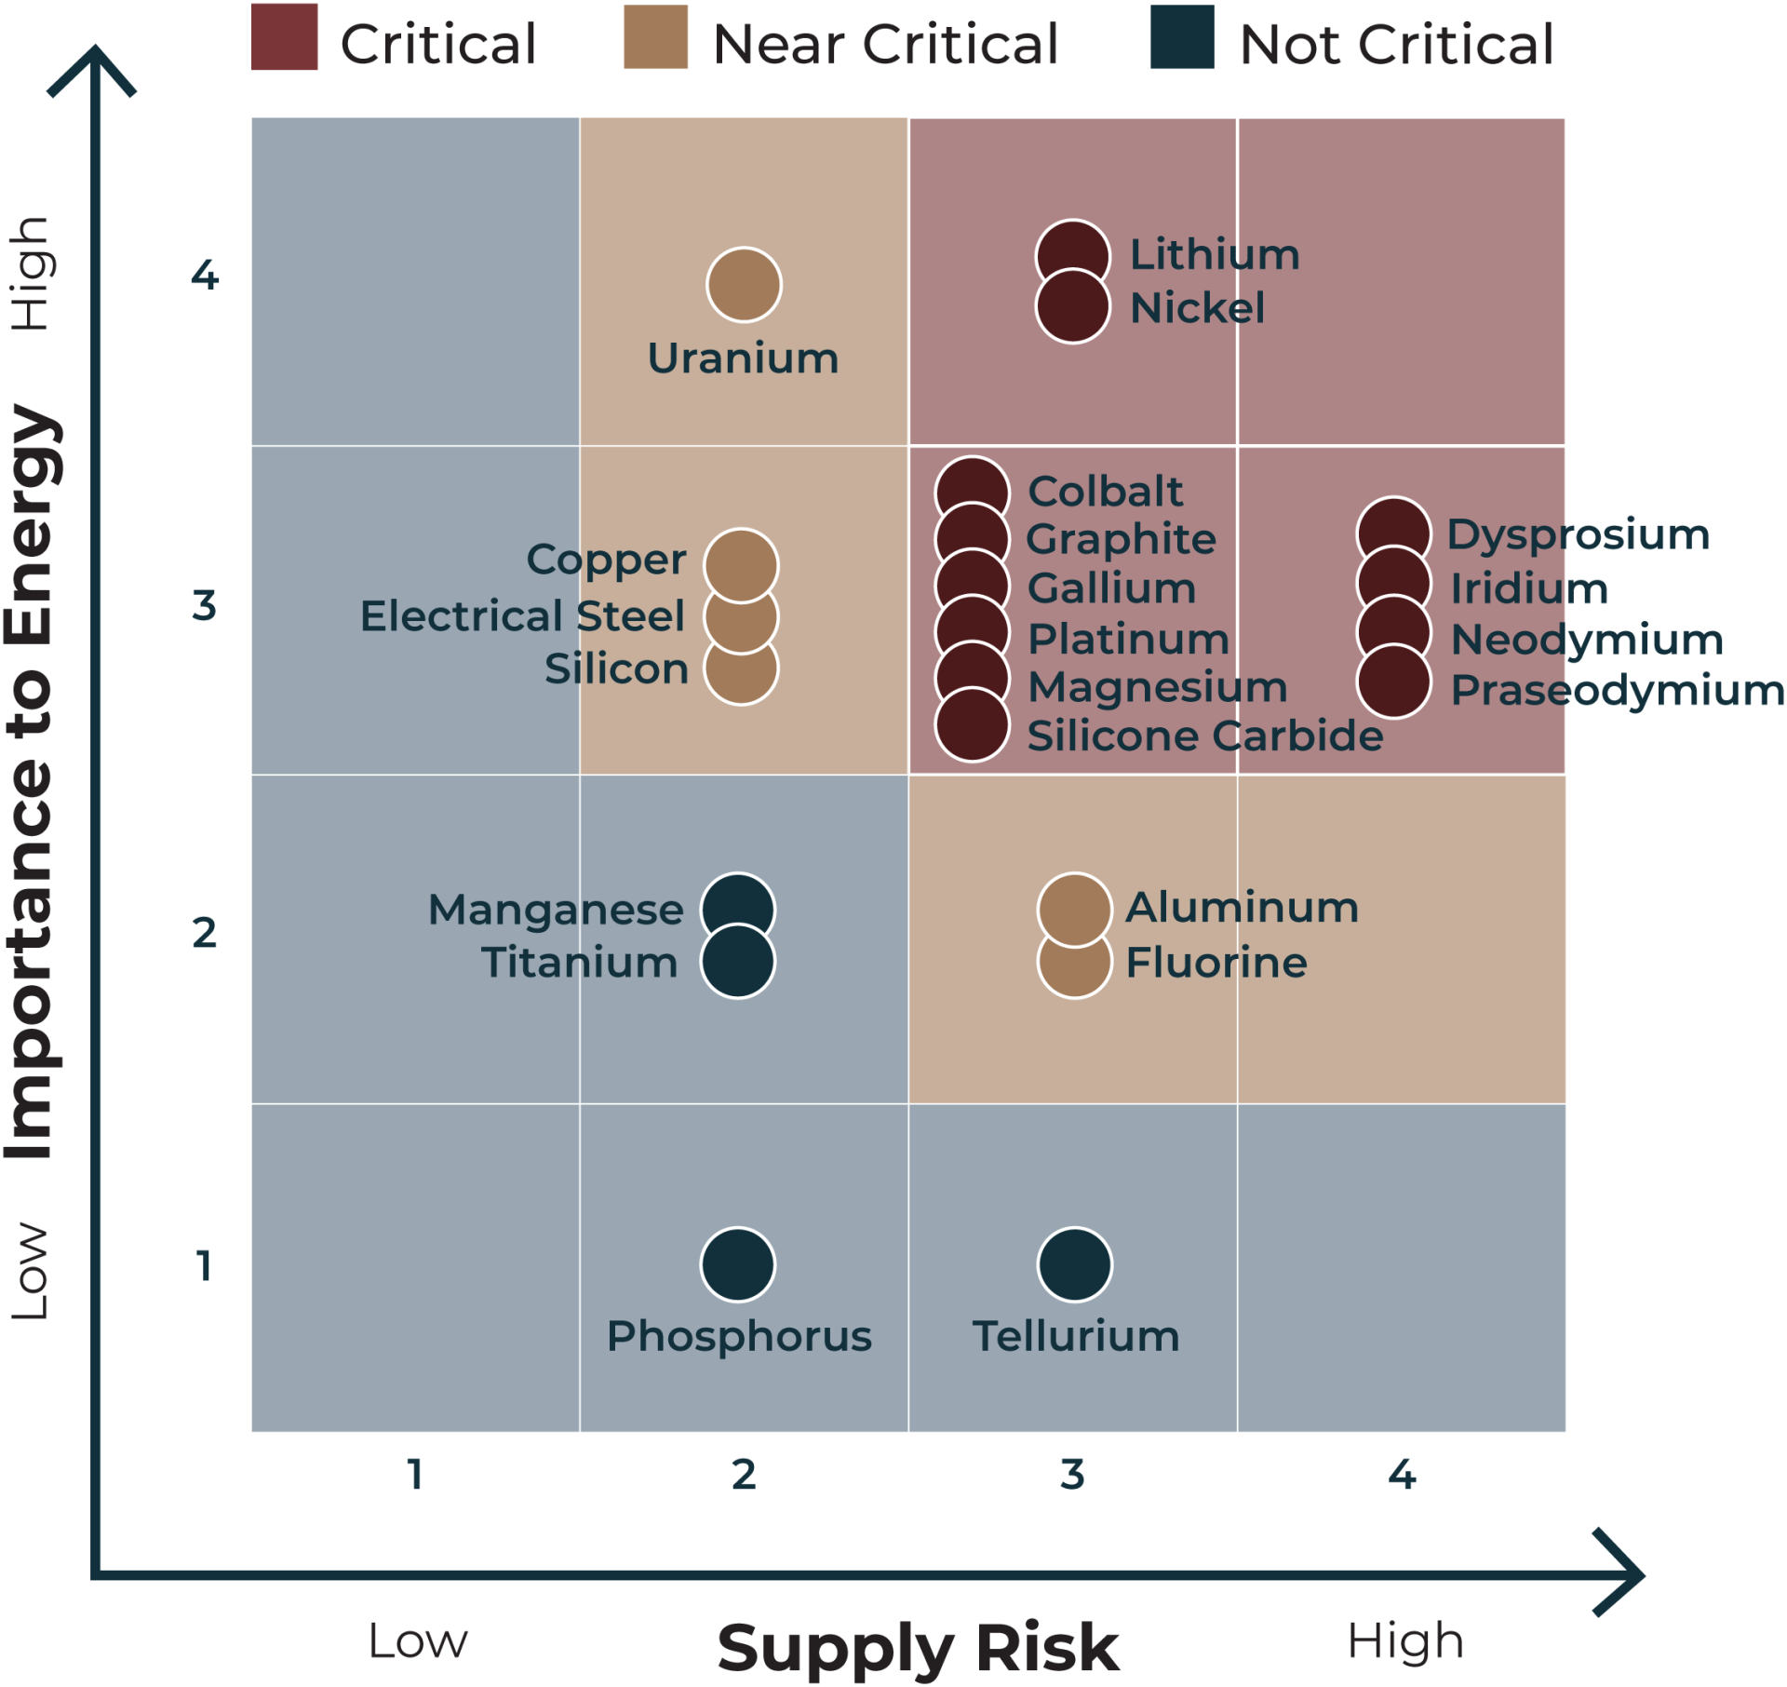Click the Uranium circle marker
click(744, 285)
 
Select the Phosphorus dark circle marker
click(738, 1264)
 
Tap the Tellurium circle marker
click(1075, 1264)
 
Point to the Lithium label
click(1215, 255)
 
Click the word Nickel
click(1197, 308)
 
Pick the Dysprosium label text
click(1579, 535)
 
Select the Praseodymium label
click(1618, 691)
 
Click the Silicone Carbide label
click(1204, 736)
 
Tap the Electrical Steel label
click(522, 616)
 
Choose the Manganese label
click(556, 910)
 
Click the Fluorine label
click(1216, 963)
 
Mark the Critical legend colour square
click(285, 37)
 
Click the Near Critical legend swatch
click(655, 37)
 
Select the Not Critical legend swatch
click(1182, 37)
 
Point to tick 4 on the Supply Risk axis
click(1402, 1475)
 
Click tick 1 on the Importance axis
click(205, 1265)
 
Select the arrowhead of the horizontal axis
click(1620, 1575)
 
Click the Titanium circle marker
click(738, 961)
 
